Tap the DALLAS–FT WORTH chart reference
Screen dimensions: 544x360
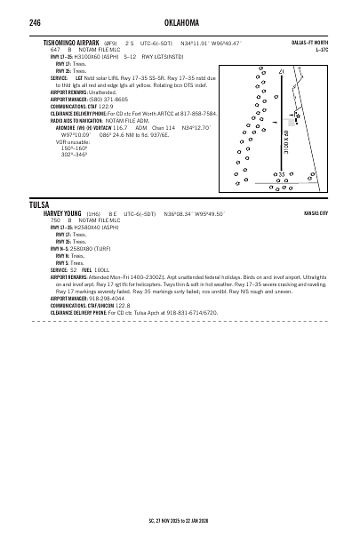[x=310, y=42]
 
